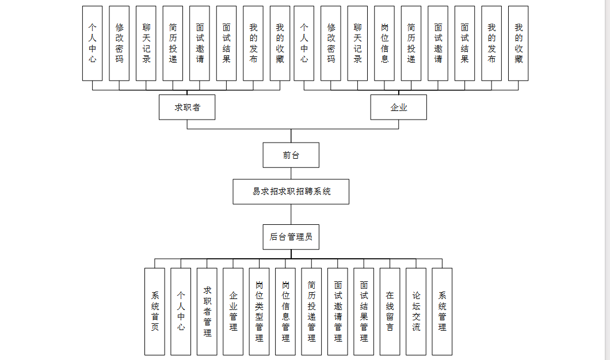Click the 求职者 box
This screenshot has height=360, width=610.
[187, 108]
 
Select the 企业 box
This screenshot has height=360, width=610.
[398, 108]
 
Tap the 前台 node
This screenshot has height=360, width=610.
[291, 155]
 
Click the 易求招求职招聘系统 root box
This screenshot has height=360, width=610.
[291, 192]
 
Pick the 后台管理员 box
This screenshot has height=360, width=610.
[291, 236]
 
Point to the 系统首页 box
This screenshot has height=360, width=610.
[155, 311]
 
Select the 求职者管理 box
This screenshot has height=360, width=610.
[207, 311]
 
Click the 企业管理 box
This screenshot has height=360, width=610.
[233, 311]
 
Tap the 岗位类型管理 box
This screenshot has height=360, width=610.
[260, 311]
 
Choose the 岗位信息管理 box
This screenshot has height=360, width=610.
[285, 311]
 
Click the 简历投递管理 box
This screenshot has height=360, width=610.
[311, 311]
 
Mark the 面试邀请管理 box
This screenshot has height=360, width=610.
[338, 311]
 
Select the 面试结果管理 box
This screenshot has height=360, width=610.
[364, 311]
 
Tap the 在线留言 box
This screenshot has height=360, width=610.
[390, 311]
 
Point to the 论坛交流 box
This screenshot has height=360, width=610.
[416, 311]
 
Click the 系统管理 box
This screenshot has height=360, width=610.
[442, 311]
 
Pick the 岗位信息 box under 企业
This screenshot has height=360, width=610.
[384, 43]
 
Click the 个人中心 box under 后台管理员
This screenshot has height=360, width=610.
[181, 311]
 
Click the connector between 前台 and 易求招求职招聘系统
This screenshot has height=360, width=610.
[291, 173]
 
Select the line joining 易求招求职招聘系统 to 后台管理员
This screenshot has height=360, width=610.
[291, 214]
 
